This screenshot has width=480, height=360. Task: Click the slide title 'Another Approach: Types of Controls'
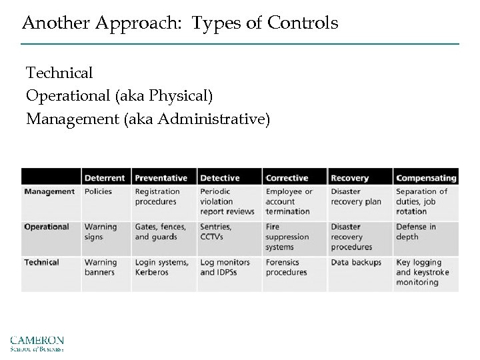[180, 24]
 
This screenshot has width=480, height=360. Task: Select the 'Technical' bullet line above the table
[59, 73]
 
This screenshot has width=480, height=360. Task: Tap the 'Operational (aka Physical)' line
[119, 96]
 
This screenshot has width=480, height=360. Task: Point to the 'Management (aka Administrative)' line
[148, 119]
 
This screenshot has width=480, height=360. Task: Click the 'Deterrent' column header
[105, 178]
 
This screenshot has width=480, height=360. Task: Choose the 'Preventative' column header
[162, 178]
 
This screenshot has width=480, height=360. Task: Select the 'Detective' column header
[220, 178]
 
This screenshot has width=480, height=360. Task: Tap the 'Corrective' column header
[287, 178]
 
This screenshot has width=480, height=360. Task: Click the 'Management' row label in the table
[49, 192]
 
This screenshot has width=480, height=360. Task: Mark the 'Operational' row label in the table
[47, 227]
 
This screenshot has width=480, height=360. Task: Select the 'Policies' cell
[99, 192]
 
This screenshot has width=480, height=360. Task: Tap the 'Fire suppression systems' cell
[287, 237]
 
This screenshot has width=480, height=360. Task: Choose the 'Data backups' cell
[356, 263]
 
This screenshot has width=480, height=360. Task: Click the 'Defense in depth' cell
[416, 232]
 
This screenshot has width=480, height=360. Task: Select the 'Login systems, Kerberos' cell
[161, 267]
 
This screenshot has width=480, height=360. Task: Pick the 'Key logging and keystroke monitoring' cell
[423, 272]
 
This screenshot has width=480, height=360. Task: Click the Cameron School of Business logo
[37, 343]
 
